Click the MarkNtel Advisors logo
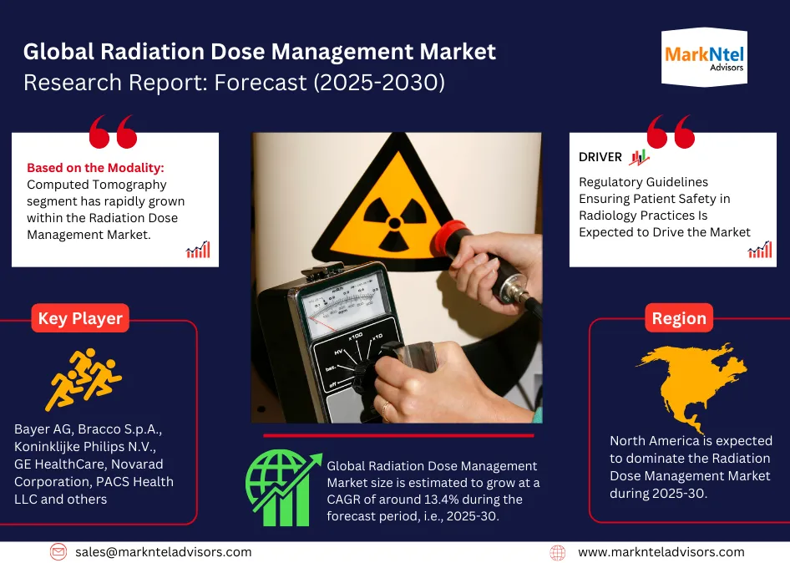coord(704,58)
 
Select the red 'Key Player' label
coord(80,318)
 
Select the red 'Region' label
coord(679,318)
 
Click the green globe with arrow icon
coord(282,489)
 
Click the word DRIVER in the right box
coord(600,157)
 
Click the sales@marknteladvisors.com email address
coord(163,552)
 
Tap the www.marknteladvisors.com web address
coord(661,552)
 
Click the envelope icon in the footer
coord(58,552)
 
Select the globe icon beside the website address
coord(558,552)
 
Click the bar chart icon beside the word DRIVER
coord(640,157)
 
